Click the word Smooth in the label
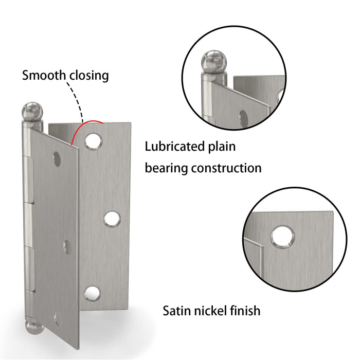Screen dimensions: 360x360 tap(44, 75)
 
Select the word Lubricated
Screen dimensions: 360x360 tap(174, 146)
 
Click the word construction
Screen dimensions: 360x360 tap(226, 168)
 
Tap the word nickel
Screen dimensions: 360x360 tap(208, 311)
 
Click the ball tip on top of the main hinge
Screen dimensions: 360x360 tap(32, 112)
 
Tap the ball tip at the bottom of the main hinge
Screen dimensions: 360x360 tap(34, 328)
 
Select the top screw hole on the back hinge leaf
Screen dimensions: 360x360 tap(93, 141)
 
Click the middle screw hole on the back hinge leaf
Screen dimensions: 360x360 tap(112, 219)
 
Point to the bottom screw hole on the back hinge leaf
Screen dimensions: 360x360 tap(92, 294)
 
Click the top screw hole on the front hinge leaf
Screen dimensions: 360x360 tap(57, 159)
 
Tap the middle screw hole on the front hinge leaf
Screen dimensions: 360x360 tap(67, 246)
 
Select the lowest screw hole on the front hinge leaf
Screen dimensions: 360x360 tap(58, 319)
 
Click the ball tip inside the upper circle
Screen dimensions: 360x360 tap(214, 62)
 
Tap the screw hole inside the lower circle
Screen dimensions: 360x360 tap(283, 237)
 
